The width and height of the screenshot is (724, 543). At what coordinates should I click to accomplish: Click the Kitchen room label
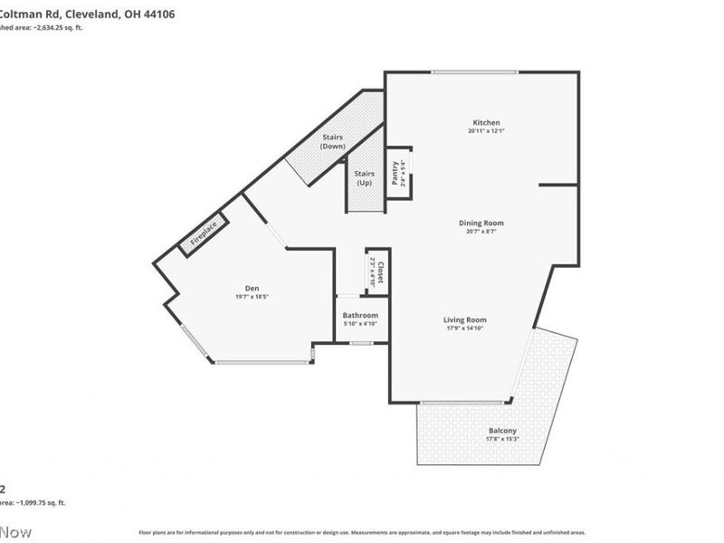point(486,123)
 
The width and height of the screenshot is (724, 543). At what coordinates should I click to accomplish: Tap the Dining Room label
point(481,223)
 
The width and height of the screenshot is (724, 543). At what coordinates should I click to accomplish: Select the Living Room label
point(465,319)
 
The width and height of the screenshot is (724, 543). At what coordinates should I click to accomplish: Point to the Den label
point(240,289)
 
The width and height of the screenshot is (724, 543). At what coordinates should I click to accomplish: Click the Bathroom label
point(360,315)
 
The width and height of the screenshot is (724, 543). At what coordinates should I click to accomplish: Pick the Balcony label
point(502,430)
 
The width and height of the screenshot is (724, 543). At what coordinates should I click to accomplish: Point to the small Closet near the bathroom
point(377,271)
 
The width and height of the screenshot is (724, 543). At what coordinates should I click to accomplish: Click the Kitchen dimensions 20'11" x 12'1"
point(486,132)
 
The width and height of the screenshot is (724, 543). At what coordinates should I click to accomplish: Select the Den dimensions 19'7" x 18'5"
point(240,297)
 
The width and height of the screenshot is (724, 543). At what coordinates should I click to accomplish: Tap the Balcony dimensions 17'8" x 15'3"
point(502,440)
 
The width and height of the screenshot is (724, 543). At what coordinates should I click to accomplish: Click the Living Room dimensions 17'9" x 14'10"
point(465,329)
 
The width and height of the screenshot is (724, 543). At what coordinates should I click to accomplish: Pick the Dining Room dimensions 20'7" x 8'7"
point(481,232)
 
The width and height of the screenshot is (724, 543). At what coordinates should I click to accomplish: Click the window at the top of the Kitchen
point(474,72)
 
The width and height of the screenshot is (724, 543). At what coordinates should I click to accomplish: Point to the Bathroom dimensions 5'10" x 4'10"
point(360,324)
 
